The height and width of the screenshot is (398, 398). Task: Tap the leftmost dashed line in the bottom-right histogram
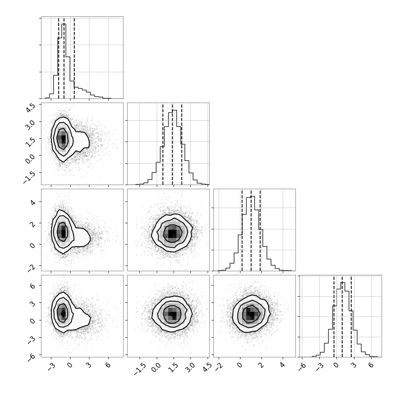334,316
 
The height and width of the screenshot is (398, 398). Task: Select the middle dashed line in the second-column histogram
172,144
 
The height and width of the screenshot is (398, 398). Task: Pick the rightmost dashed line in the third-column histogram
260,230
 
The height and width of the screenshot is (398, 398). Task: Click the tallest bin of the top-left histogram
64,61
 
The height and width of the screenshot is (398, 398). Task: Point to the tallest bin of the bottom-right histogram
343,320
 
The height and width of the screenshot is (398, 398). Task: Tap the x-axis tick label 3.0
190,367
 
